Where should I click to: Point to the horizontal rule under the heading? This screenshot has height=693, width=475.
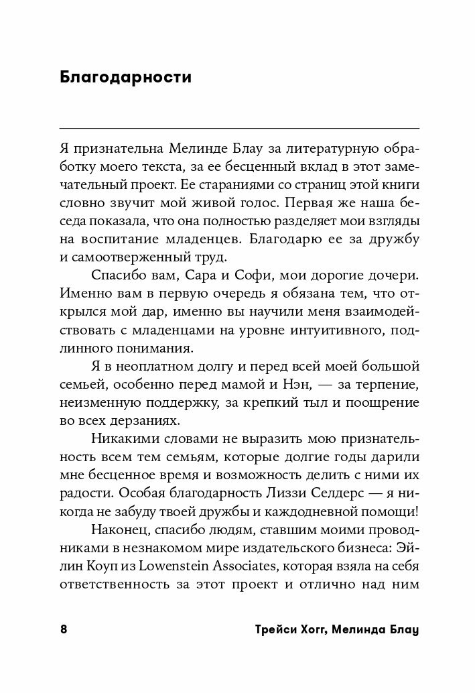[x=239, y=128]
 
